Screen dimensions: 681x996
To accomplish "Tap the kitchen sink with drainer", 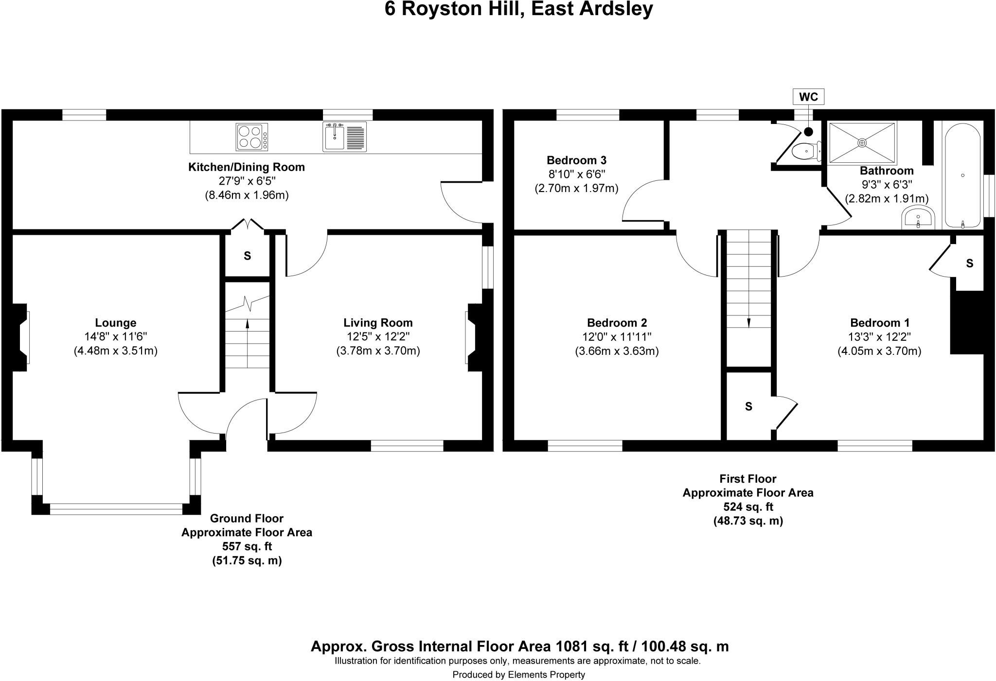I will click(344, 137).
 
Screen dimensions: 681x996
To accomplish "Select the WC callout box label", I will click(808, 97).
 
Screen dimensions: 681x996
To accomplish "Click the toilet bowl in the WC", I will click(806, 152).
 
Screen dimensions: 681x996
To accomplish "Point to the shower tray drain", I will click(862, 142).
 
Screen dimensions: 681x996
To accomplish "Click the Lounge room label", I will click(115, 323).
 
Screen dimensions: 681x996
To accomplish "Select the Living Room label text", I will click(378, 323).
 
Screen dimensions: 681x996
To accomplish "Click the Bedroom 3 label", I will click(576, 160).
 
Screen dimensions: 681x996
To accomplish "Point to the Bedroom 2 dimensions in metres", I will click(617, 351).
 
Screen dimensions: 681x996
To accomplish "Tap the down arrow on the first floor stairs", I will click(748, 323).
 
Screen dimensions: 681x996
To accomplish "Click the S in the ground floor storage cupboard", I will click(247, 256).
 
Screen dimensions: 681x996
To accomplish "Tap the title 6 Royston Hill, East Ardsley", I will click(518, 9).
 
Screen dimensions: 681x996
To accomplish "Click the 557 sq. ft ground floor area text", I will click(247, 546).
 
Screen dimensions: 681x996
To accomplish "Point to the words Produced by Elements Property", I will click(518, 674).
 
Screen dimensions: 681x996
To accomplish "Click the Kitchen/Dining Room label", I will click(247, 167).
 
